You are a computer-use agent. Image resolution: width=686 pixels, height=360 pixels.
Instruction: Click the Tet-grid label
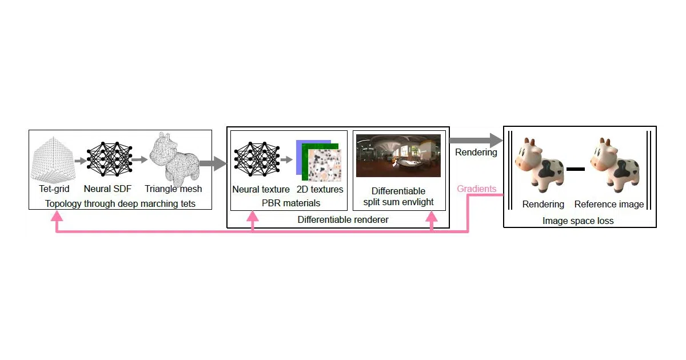[54, 189]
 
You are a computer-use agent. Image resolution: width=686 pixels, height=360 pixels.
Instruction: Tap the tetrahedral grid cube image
[53, 160]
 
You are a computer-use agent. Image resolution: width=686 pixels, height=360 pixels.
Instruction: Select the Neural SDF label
[107, 189]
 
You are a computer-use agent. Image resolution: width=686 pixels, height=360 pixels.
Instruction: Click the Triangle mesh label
[173, 189]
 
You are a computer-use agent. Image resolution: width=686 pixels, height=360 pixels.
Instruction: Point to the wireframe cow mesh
[174, 159]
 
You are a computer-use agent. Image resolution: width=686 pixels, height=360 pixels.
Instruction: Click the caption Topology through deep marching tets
[120, 203]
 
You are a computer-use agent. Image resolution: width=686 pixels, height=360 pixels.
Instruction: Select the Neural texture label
[261, 189]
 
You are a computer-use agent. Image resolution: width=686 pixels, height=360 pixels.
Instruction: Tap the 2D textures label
[320, 189]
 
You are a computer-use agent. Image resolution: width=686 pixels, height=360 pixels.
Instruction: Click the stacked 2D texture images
[318, 161]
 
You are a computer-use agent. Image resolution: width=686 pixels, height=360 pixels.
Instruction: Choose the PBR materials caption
[291, 203]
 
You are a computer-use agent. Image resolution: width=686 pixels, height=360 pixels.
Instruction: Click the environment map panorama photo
[398, 155]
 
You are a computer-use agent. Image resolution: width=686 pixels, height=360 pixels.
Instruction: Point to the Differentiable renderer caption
[343, 219]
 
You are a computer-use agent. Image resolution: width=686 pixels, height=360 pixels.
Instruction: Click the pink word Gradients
[477, 189]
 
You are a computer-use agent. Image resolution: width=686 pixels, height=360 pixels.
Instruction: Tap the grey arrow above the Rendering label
[476, 141]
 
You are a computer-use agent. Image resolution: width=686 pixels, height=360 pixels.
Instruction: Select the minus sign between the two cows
[576, 169]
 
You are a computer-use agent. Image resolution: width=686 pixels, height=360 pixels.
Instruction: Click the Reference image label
[609, 204]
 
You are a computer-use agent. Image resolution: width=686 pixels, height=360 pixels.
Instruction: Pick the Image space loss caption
[578, 221]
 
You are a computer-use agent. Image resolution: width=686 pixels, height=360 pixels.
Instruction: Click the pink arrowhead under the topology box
[57, 216]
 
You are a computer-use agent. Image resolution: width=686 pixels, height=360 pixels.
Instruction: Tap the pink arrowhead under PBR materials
[252, 216]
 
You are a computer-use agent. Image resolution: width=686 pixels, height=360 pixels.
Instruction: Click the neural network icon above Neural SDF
[110, 159]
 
